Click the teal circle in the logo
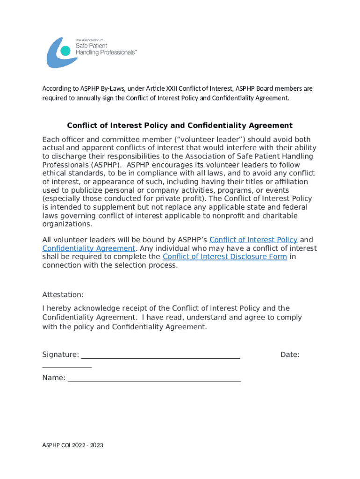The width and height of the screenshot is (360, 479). [66, 51]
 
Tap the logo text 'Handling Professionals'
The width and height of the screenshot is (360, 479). [107, 53]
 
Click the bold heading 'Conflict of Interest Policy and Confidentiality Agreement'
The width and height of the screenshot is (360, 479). [180, 125]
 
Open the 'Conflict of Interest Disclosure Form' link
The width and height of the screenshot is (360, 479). [224, 257]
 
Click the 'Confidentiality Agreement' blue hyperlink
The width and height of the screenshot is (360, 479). [89, 248]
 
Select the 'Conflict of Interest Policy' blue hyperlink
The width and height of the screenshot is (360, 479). [253, 240]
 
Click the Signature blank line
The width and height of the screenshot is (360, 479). [160, 356]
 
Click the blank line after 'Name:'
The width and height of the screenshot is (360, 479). [154, 379]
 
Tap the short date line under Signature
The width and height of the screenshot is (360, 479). [67, 366]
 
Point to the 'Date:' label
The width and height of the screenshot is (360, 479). [290, 355]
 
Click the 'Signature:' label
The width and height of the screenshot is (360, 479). [60, 355]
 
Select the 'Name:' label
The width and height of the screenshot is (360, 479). [54, 378]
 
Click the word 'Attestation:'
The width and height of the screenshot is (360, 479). [63, 295]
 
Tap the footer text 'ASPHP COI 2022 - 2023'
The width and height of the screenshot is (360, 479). [72, 445]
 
